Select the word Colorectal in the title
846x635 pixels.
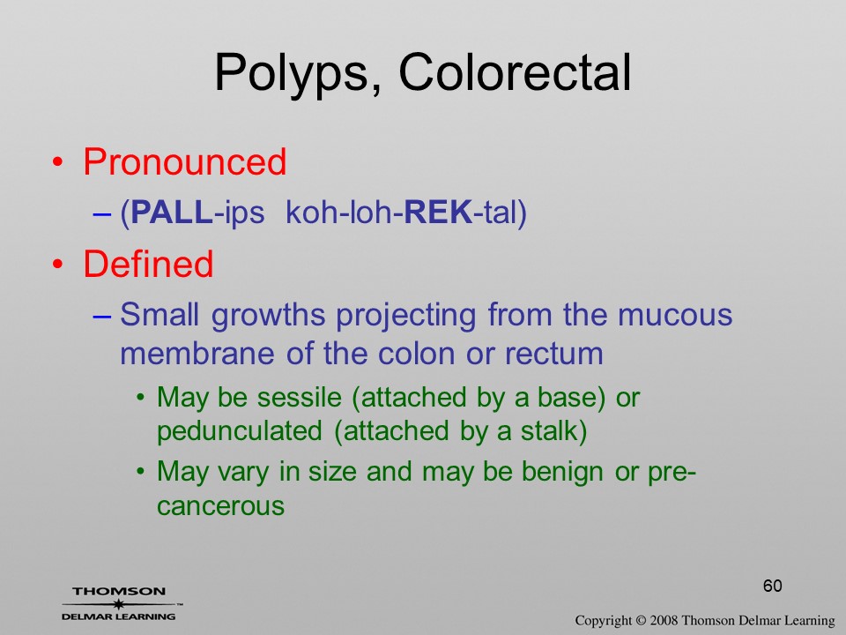[x=515, y=72]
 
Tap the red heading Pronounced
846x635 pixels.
[x=184, y=161]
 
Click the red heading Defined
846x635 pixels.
[x=148, y=264]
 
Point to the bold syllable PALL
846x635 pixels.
[x=172, y=212]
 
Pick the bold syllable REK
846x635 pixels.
[x=438, y=212]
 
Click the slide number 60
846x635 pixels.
[x=772, y=586]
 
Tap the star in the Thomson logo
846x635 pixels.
[x=118, y=604]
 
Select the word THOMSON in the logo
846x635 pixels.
[x=119, y=591]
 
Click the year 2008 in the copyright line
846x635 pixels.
[x=664, y=621]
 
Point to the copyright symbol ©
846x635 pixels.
[x=641, y=621]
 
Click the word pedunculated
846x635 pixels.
[x=240, y=431]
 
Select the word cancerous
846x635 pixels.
[x=220, y=506]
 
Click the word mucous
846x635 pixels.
[x=675, y=315]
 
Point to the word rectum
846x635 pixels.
[x=554, y=355]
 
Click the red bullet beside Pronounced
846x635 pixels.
[x=58, y=162]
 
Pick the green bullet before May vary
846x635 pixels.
[x=141, y=472]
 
